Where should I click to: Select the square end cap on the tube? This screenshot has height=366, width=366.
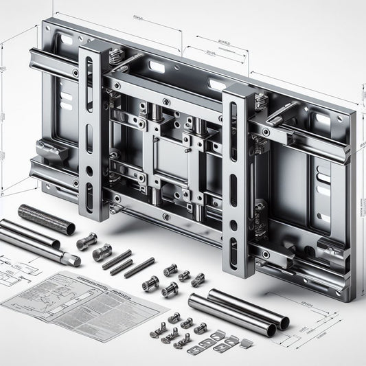[x=71, y=260]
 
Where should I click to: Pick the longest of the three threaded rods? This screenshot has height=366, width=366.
[x=117, y=260]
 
